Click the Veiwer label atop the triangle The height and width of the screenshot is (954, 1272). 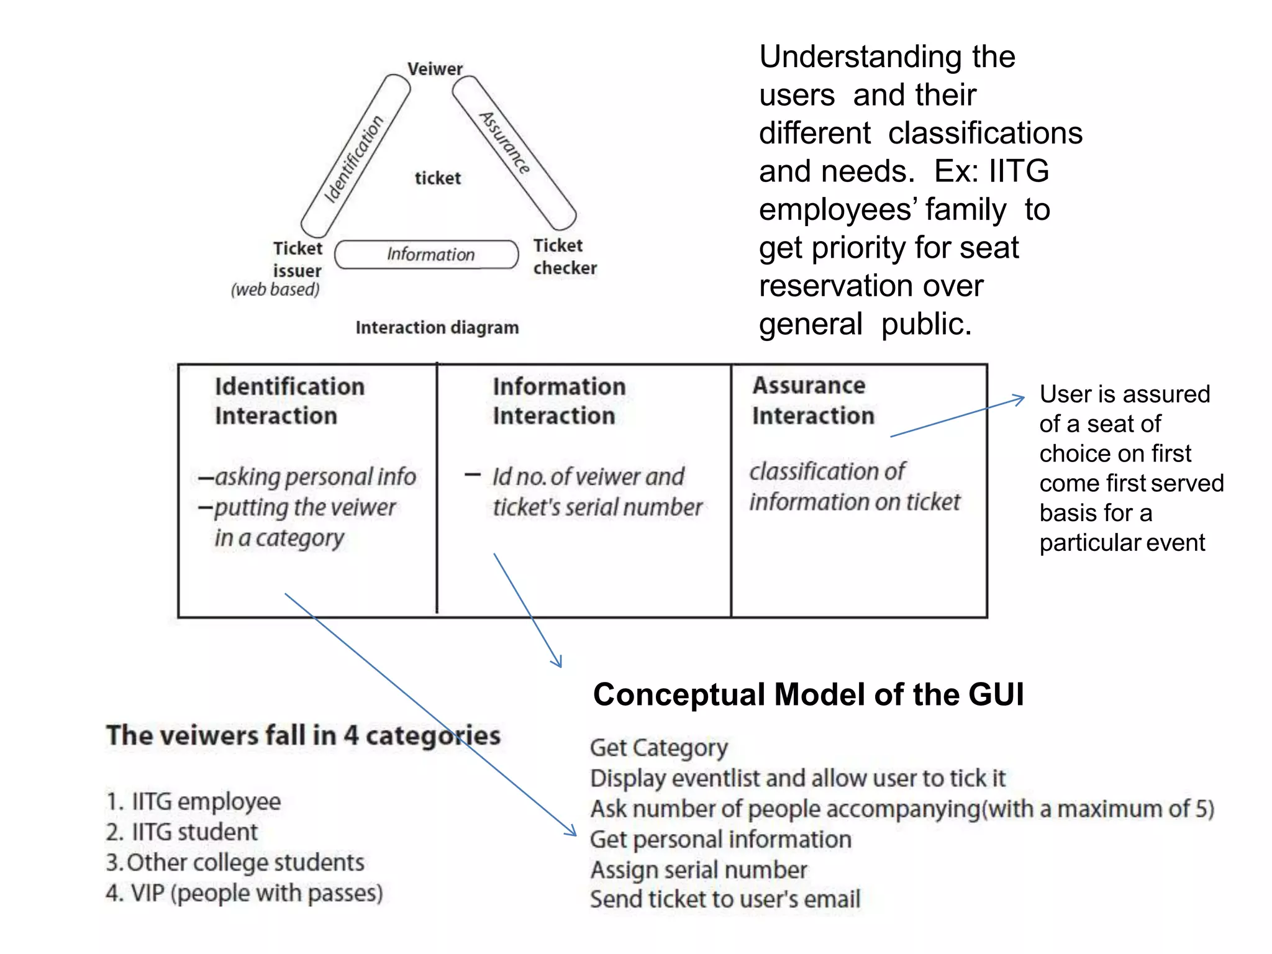[x=435, y=68]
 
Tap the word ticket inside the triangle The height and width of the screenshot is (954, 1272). [x=438, y=178]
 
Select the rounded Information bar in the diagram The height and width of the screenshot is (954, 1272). [x=427, y=255]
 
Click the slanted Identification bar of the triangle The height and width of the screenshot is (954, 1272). [x=355, y=157]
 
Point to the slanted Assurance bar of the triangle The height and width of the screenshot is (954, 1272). [x=513, y=152]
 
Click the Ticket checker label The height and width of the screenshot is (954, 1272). [x=564, y=257]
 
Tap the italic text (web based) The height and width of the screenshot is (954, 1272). [x=275, y=289]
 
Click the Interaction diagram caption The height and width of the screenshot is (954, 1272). [x=437, y=327]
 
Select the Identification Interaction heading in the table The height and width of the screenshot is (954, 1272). [x=289, y=401]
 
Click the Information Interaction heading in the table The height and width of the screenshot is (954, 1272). [x=559, y=401]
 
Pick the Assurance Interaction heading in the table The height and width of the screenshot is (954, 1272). [x=812, y=400]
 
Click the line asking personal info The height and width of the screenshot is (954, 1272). [x=307, y=477]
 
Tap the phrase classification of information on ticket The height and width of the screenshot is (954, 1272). [x=854, y=486]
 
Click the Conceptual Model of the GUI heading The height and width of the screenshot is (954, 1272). [x=808, y=694]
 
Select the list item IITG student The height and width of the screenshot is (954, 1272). [x=182, y=832]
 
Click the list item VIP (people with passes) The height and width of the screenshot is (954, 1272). [x=244, y=893]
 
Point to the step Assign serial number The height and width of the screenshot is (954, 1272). [x=699, y=870]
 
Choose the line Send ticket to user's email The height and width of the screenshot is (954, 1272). [x=725, y=899]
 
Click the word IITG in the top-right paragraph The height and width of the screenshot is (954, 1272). [x=1019, y=171]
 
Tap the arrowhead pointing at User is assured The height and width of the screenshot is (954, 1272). [x=1020, y=399]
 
